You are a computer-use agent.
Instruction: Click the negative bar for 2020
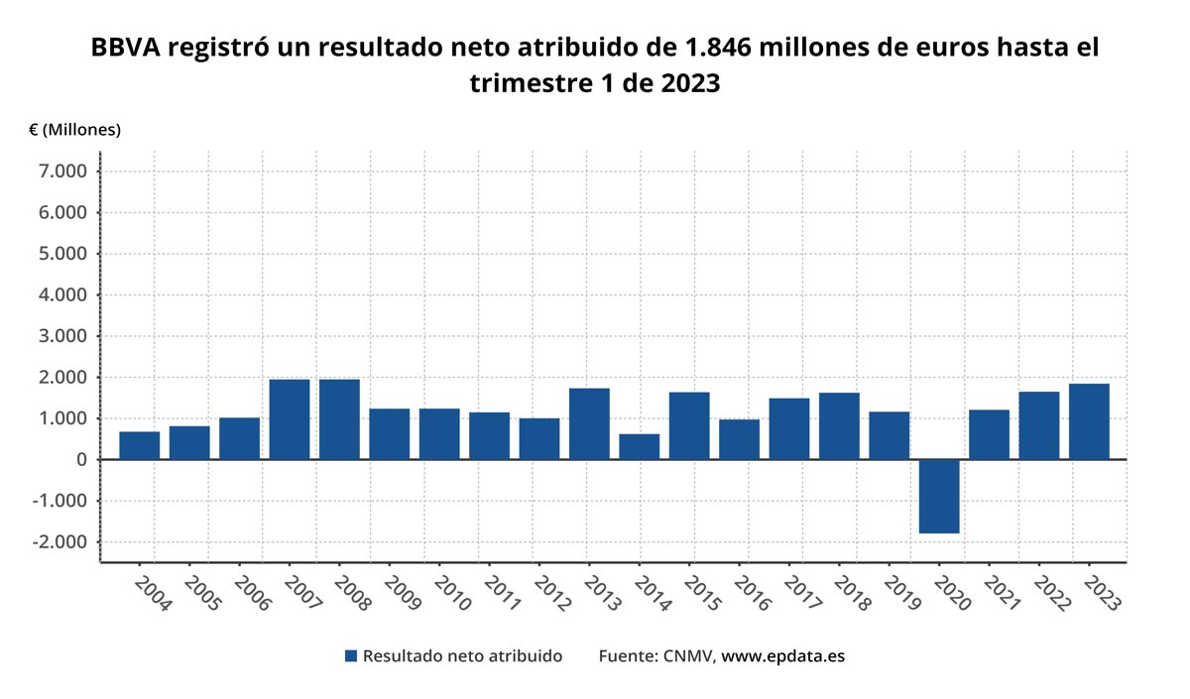(938, 497)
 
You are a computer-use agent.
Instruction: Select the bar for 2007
(290, 419)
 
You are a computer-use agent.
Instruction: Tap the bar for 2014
(639, 446)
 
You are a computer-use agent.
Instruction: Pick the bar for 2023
(1089, 421)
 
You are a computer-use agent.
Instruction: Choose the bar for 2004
(140, 445)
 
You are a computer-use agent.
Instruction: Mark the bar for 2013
(589, 423)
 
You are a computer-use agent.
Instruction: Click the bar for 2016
(739, 439)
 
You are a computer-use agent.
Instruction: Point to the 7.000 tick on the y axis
(65, 172)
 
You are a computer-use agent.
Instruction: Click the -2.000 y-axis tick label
(62, 542)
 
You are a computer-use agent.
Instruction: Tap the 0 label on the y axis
(80, 460)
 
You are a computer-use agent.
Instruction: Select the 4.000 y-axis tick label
(65, 295)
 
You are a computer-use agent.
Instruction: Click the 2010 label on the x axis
(449, 595)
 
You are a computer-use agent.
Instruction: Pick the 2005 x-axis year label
(199, 595)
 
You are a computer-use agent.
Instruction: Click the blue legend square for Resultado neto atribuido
(350, 656)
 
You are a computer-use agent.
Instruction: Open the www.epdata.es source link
(782, 656)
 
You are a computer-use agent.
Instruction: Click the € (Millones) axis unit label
(74, 130)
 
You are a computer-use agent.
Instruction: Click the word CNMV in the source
(686, 656)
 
